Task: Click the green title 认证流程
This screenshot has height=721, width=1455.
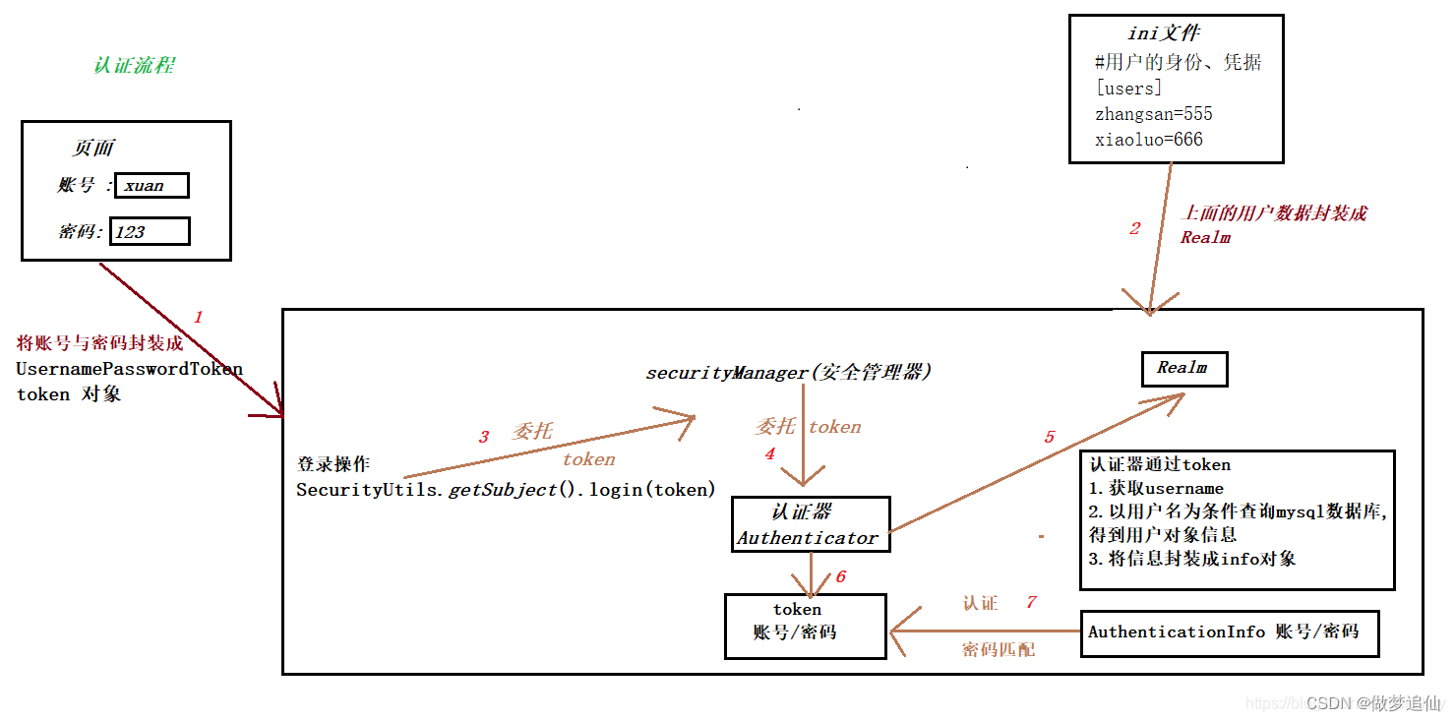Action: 135,66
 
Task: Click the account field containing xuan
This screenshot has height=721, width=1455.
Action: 151,185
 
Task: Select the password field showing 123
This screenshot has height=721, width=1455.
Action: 150,232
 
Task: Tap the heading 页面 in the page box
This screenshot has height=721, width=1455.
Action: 93,149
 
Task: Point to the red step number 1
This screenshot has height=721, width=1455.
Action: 198,317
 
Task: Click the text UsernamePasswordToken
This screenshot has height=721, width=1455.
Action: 129,369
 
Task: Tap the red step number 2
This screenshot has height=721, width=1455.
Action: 1134,228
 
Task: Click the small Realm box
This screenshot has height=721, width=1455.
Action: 1183,368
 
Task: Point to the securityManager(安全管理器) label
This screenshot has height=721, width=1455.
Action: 788,373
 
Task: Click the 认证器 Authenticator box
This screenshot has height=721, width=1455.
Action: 810,524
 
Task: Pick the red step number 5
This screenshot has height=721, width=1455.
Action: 1049,437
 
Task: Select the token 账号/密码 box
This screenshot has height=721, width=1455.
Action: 805,625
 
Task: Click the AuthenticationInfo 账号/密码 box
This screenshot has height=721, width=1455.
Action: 1229,632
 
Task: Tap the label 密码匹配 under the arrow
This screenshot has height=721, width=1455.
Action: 998,649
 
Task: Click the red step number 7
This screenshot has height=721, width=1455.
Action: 1031,602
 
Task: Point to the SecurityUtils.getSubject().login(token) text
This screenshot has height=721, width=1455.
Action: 506,489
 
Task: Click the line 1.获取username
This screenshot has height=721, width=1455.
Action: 1156,488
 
